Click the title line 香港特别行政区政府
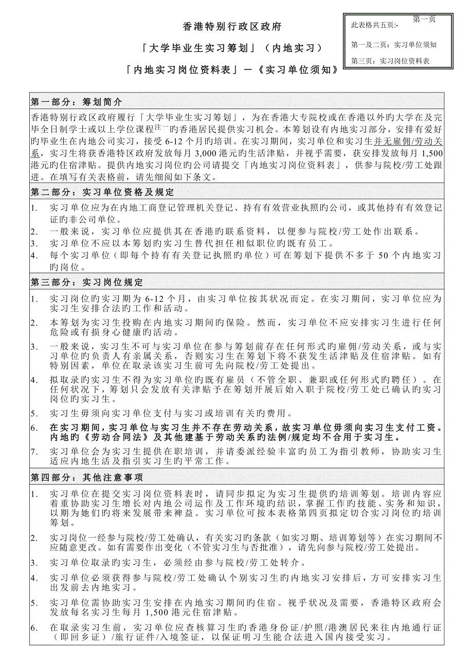232,26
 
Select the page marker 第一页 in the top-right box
424,19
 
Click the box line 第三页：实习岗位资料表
391,61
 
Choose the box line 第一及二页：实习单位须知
394,44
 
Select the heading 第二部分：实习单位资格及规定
102,192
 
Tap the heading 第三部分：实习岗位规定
87,283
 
